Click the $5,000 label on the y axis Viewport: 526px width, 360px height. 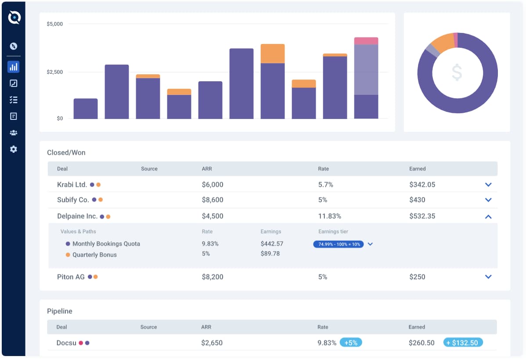click(55, 24)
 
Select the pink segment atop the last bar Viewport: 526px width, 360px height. click(366, 41)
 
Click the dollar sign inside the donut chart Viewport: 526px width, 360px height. click(457, 72)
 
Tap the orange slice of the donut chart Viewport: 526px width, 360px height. click(442, 42)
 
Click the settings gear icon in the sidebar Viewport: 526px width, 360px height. click(14, 149)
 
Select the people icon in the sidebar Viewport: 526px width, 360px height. click(14, 133)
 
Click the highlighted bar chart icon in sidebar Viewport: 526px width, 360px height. click(14, 67)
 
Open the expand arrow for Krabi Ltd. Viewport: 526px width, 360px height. click(488, 185)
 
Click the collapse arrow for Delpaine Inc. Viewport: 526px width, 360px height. click(488, 216)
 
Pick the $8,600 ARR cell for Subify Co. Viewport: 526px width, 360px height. click(213, 200)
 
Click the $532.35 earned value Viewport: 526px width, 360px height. click(422, 216)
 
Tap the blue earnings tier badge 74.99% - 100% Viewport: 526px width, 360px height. click(338, 244)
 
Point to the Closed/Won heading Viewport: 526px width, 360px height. click(66, 153)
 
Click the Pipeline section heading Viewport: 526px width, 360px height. click(60, 311)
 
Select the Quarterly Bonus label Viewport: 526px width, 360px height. click(94, 255)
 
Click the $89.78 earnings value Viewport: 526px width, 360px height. click(270, 254)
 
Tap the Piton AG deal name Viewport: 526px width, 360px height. click(71, 277)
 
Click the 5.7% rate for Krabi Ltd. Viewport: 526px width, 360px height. click(326, 185)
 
